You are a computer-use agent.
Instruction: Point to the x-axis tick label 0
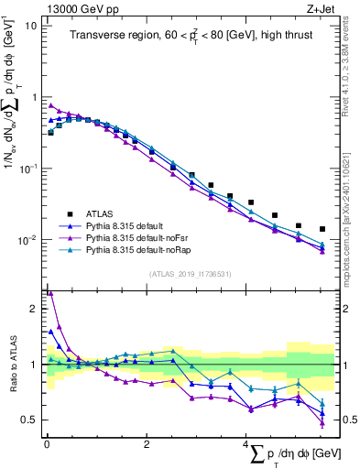tap(46, 444)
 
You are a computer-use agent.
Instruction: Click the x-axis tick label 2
tap(146, 444)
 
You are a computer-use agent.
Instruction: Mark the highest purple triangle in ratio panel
tap(50, 293)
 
